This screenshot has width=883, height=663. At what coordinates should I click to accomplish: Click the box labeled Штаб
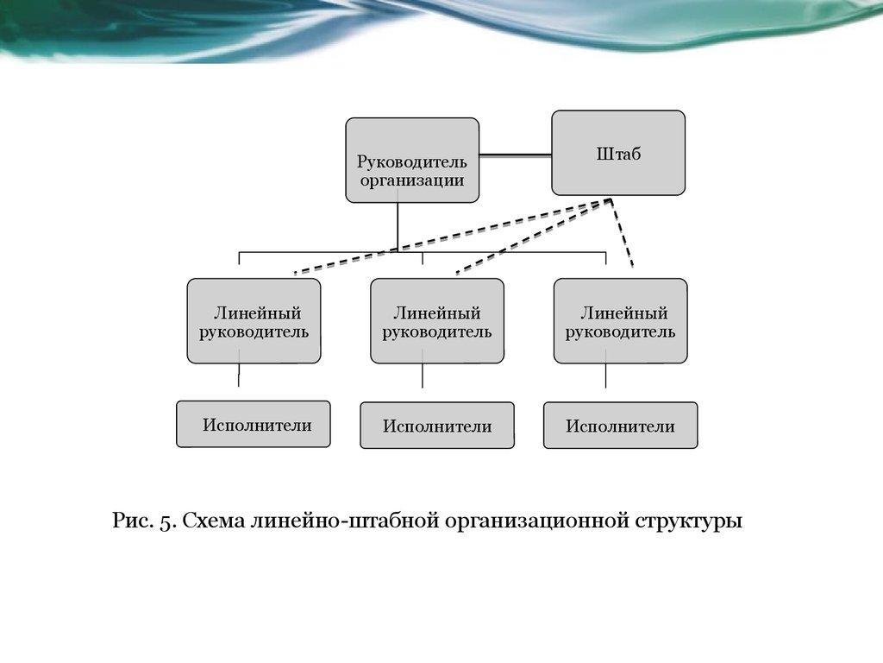[618, 153]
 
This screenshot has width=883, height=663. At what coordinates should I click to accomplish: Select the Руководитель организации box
[412, 161]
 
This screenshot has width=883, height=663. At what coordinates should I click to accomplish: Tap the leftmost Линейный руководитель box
[254, 320]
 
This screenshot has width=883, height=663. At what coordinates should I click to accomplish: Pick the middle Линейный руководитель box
[437, 320]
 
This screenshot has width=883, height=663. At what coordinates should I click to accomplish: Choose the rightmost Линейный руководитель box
[621, 320]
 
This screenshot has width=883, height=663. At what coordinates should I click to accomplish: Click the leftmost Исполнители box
[254, 424]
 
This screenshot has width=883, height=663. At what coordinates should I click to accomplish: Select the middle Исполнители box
[437, 426]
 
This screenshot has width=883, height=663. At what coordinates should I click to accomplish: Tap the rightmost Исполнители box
[620, 426]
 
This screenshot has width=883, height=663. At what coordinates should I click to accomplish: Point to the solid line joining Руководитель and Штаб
[515, 155]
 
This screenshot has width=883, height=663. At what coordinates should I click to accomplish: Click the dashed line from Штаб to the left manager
[448, 236]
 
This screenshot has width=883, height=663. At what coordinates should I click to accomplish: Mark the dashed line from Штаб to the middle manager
[530, 236]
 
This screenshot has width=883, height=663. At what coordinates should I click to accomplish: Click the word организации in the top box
[412, 180]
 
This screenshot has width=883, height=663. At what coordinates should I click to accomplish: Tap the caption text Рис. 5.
[144, 522]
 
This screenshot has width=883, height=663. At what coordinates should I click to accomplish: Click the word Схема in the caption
[213, 522]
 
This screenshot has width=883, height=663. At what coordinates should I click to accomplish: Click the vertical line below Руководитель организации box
[398, 227]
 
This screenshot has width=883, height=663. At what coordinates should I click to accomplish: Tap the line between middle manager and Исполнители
[423, 375]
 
